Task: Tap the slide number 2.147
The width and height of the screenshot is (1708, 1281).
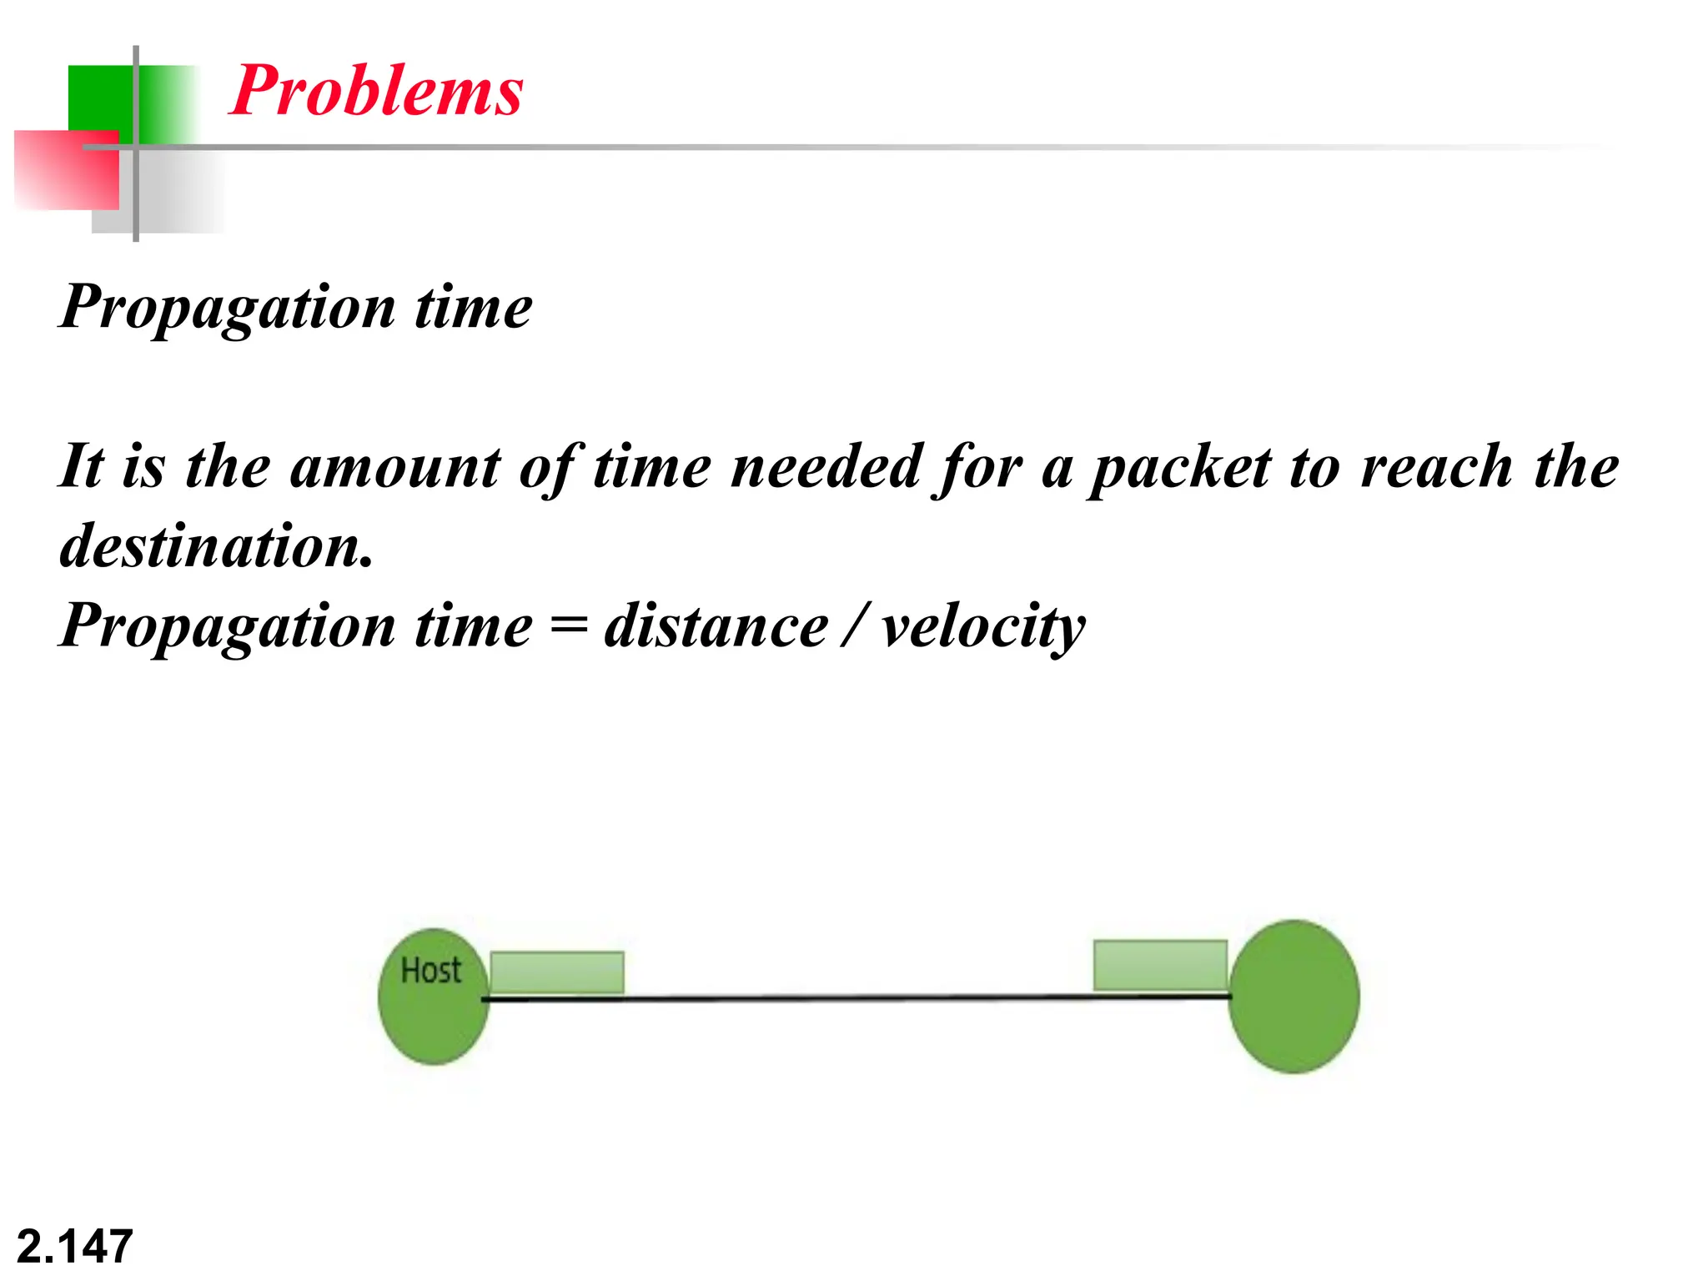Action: coord(74,1247)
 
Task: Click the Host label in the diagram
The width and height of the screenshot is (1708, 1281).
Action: coord(430,971)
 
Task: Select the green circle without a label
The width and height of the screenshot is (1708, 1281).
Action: coord(1294,997)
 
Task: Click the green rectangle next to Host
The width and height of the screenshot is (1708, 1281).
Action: coord(557,972)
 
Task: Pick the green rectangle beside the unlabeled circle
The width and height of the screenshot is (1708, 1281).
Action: coord(1160,965)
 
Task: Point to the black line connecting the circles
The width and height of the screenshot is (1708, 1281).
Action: coord(859,997)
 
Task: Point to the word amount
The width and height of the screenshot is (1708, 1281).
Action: coord(395,467)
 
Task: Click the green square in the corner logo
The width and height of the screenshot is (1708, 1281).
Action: coord(100,96)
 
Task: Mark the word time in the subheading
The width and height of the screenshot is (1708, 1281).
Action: coord(473,307)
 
